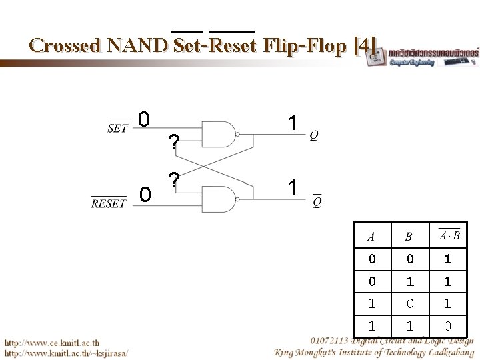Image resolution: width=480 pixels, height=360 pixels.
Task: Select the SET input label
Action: (118, 127)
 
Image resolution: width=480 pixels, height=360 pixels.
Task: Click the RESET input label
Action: (108, 203)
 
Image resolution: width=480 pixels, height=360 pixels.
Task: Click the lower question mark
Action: (173, 180)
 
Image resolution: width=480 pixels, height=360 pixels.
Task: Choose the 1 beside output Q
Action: (291, 123)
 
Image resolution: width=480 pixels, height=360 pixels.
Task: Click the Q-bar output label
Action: (317, 201)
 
